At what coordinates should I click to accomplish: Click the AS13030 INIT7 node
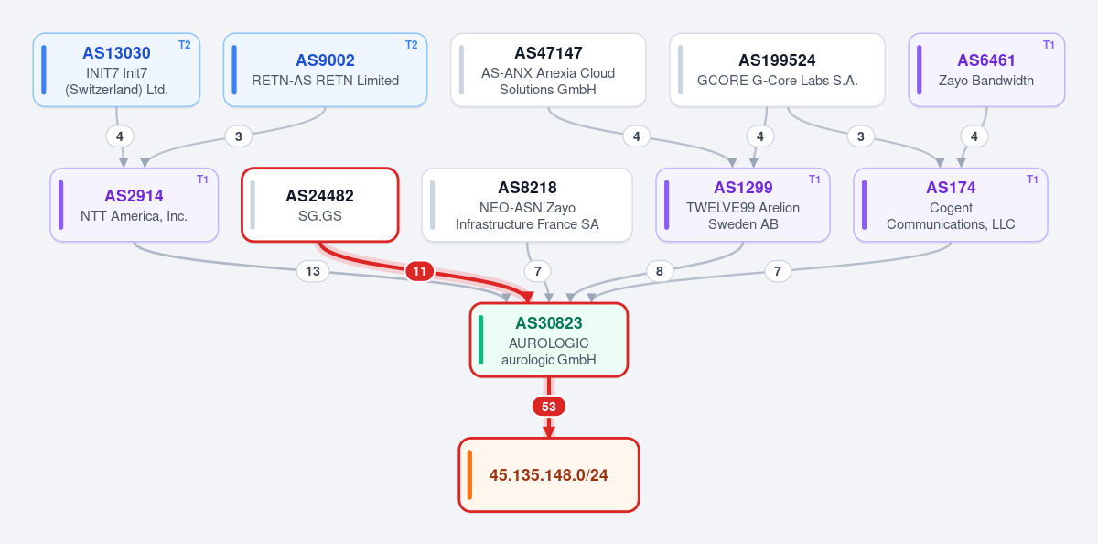click(117, 70)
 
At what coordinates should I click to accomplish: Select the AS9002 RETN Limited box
click(325, 70)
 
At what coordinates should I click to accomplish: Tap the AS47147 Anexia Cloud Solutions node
click(548, 70)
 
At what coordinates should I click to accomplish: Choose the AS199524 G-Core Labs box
click(777, 70)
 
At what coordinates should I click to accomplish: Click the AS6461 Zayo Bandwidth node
click(986, 70)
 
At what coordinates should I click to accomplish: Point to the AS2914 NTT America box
click(134, 204)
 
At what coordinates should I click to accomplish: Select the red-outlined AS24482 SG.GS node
click(320, 204)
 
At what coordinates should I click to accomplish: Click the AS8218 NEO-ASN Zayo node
click(527, 204)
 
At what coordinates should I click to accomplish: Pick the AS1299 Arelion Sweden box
click(743, 204)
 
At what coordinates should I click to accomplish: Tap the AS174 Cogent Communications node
click(951, 204)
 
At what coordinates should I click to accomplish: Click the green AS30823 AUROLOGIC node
click(548, 340)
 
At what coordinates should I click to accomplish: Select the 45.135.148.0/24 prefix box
click(548, 474)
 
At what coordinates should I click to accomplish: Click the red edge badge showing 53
click(548, 407)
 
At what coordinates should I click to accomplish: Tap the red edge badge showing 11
click(420, 271)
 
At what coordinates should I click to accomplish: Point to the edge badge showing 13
click(313, 271)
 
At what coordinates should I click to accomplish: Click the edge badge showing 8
click(660, 271)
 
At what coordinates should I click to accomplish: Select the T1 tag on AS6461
click(1049, 45)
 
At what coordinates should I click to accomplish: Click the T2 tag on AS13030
click(184, 45)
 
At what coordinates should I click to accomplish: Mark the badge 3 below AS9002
click(239, 136)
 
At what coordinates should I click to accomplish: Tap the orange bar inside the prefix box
click(469, 474)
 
